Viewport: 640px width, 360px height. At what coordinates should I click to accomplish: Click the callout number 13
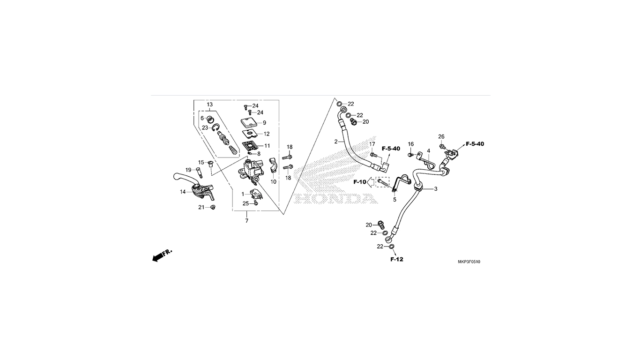click(x=209, y=104)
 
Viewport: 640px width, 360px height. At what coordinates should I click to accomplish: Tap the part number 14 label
click(x=183, y=192)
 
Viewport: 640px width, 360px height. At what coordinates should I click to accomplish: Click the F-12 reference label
click(x=396, y=259)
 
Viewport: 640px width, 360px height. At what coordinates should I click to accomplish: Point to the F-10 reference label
click(x=360, y=182)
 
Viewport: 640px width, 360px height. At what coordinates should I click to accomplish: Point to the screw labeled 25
click(x=256, y=202)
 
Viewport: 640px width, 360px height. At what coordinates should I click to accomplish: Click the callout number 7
click(x=247, y=220)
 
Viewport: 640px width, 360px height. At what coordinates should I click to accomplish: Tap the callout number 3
click(x=435, y=189)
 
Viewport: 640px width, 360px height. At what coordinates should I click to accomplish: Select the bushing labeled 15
click(x=210, y=164)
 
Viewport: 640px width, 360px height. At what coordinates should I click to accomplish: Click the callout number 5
click(x=394, y=199)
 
